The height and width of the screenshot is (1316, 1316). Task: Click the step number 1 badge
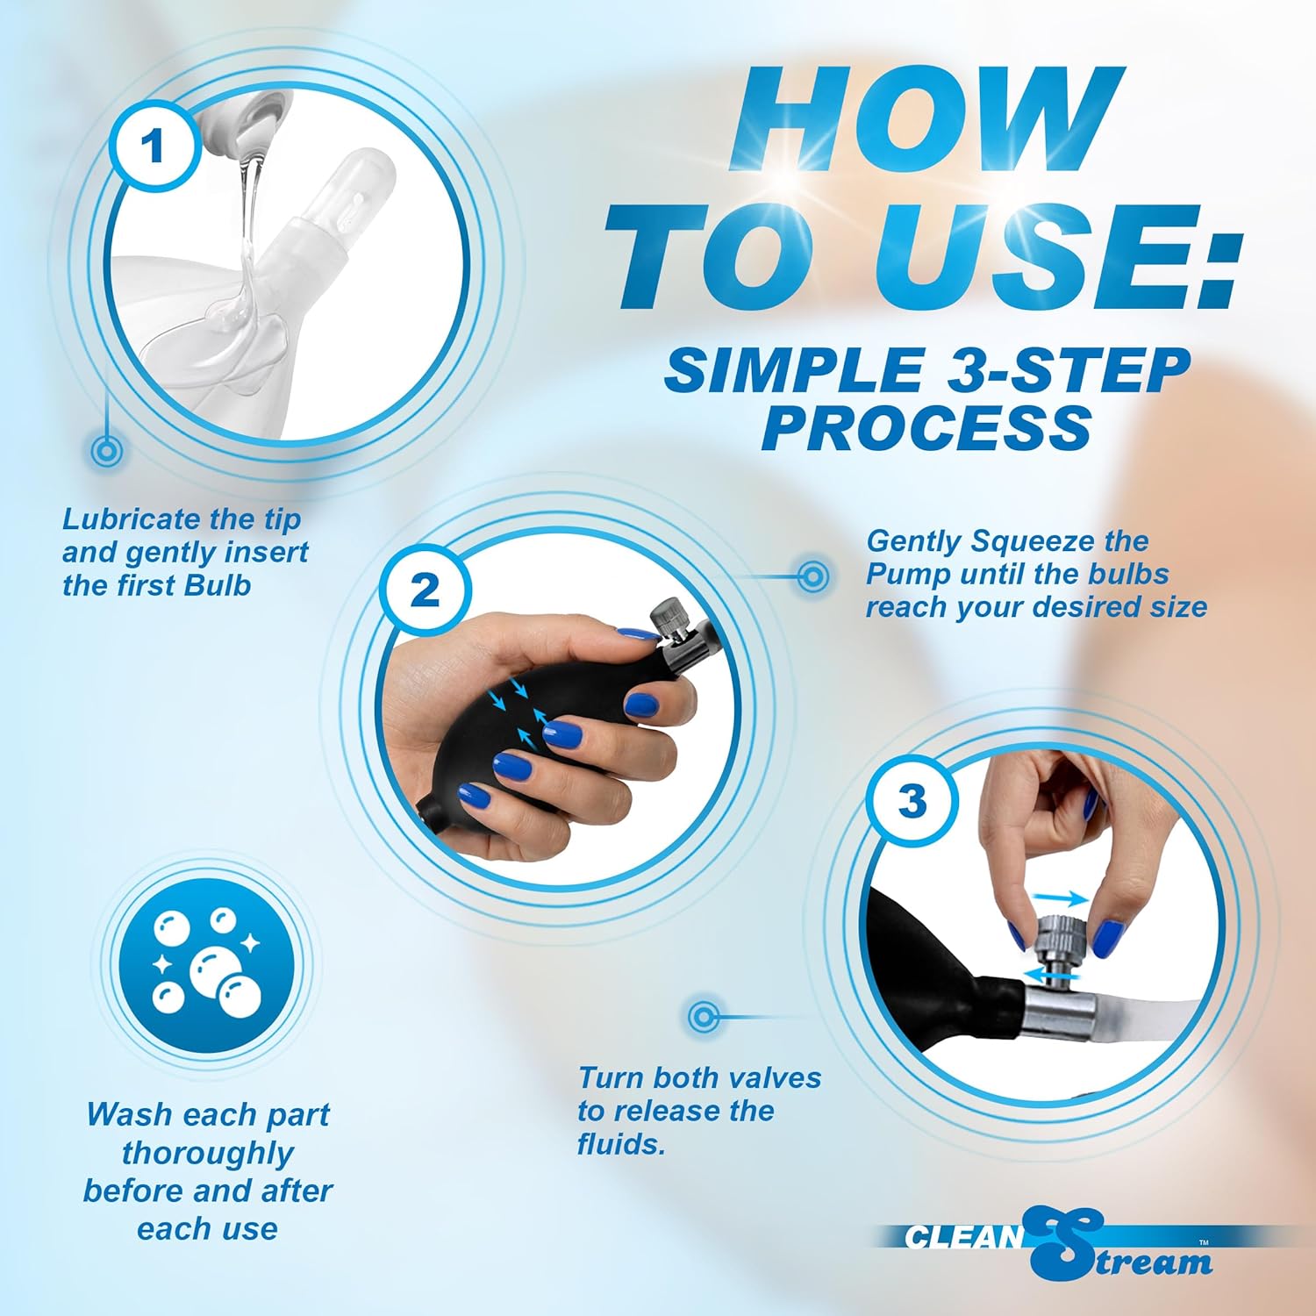point(155,146)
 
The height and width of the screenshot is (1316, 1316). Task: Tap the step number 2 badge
point(425,590)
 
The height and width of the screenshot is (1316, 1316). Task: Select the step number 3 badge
point(912,800)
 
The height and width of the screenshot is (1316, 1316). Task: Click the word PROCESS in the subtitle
point(926,428)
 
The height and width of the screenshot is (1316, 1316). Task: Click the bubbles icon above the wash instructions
point(207,962)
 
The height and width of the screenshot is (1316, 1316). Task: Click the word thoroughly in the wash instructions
point(207,1153)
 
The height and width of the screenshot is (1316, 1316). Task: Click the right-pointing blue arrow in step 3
point(1062,898)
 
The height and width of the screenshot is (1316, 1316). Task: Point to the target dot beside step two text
point(813,576)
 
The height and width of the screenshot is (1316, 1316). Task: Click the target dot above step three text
point(704,1017)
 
